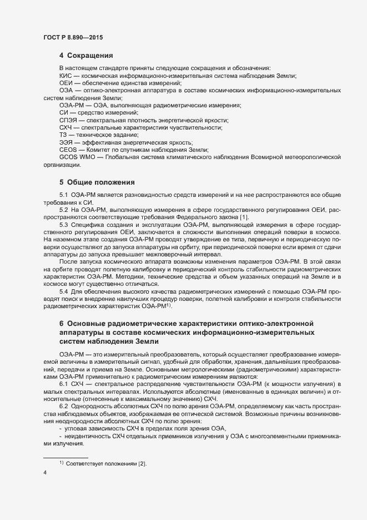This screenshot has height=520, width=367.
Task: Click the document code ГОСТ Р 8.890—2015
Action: point(73,38)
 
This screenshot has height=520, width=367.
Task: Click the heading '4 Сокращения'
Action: point(86,56)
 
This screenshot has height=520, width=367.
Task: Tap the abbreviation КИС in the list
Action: point(66,75)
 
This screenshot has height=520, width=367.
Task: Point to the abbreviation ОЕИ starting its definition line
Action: point(66,82)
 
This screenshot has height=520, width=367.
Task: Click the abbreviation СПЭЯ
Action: point(68,120)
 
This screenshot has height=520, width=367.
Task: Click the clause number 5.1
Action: point(63,197)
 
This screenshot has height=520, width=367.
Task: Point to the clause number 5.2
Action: point(63,209)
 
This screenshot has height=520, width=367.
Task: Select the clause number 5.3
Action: point(63,224)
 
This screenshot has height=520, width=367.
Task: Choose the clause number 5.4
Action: point(63,291)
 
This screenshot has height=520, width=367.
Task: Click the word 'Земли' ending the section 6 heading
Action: point(149,341)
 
